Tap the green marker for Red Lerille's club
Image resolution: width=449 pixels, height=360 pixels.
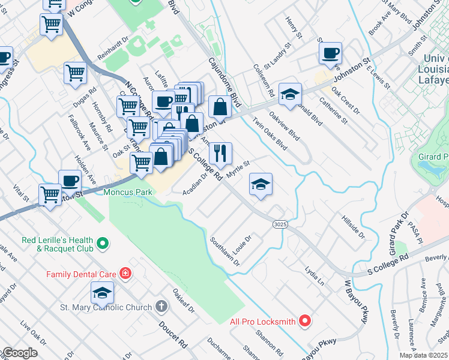(x=103, y=244)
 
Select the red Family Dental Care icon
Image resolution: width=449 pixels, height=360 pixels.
(x=125, y=274)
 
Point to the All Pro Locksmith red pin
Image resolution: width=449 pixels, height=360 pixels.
(x=305, y=321)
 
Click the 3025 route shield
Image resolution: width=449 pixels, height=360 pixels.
(x=279, y=224)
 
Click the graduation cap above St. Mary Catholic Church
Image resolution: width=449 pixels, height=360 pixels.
(x=102, y=292)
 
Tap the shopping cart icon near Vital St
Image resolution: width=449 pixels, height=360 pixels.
(x=50, y=194)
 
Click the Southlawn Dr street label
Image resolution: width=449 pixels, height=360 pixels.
(x=225, y=251)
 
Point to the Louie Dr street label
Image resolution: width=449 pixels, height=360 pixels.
(x=242, y=244)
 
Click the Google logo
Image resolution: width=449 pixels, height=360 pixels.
(x=19, y=353)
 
